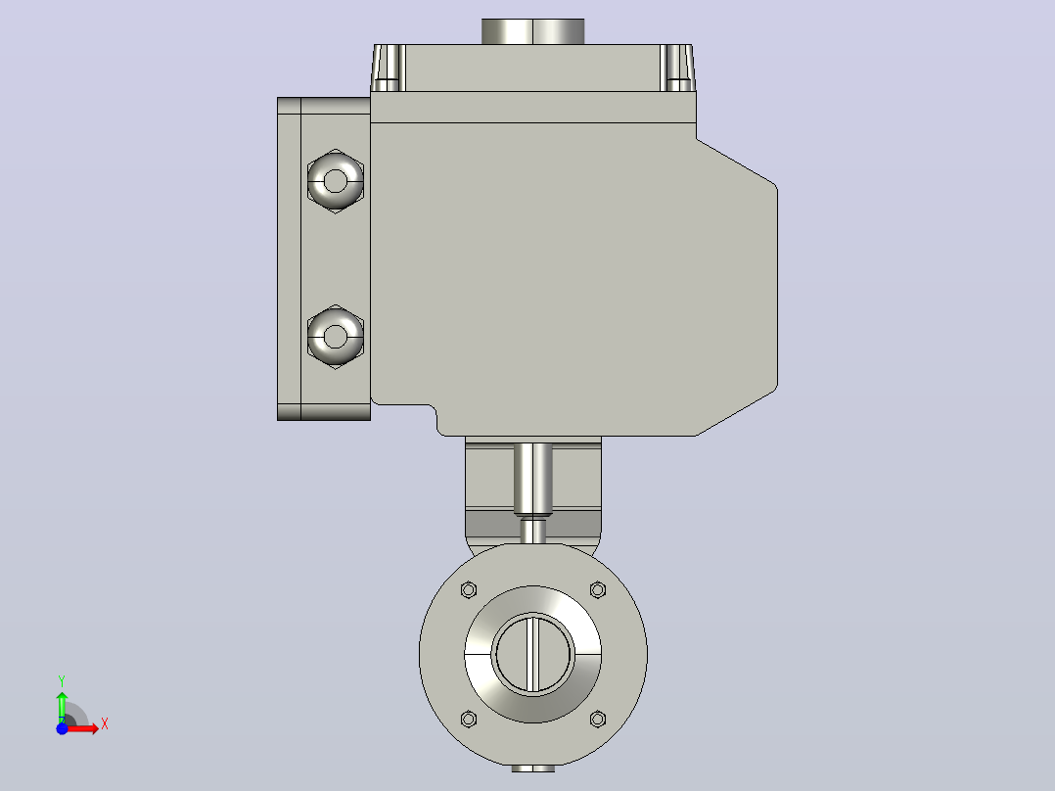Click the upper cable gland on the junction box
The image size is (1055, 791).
point(335,180)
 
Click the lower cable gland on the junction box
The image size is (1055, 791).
point(335,336)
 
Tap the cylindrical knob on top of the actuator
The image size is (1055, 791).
point(532,31)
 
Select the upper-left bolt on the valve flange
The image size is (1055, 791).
point(469,590)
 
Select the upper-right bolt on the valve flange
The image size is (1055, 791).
point(597,590)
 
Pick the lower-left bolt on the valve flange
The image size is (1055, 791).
point(469,719)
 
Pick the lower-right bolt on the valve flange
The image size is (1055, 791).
point(597,719)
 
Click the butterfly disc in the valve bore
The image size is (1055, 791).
point(532,654)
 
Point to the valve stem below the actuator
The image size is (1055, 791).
point(532,479)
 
